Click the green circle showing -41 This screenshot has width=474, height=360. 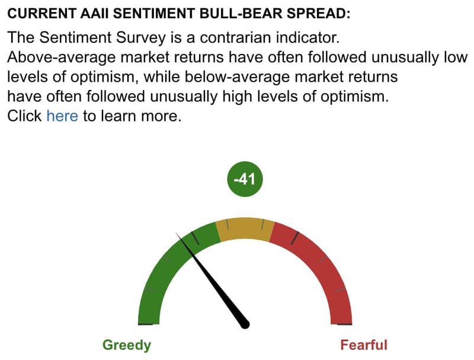(x=245, y=179)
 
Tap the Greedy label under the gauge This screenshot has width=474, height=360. (x=127, y=345)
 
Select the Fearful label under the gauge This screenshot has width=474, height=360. (x=364, y=345)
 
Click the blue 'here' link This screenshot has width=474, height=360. (x=62, y=115)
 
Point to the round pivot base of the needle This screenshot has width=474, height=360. (x=245, y=324)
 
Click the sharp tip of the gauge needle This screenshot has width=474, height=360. (x=176, y=233)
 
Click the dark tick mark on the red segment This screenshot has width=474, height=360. (x=295, y=238)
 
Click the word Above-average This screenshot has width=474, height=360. (x=62, y=57)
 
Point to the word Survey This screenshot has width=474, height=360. (x=141, y=38)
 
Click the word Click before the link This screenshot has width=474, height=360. (x=24, y=115)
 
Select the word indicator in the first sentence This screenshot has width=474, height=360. (x=308, y=37)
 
